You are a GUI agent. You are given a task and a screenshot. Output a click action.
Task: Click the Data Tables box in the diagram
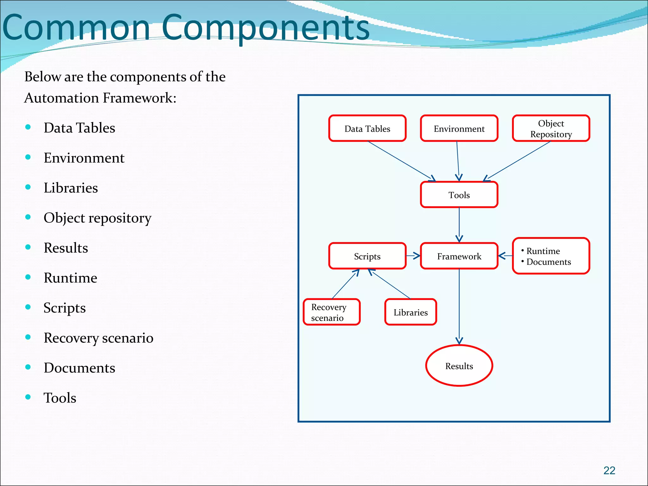[367, 128]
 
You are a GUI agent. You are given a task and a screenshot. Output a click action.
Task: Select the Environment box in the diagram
[459, 128]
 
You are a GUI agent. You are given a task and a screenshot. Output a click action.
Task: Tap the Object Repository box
[551, 128]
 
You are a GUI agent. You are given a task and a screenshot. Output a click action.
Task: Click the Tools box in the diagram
[459, 195]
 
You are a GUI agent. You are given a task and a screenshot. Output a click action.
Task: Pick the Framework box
[459, 256]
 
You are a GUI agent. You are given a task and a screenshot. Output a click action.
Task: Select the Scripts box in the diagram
[367, 256]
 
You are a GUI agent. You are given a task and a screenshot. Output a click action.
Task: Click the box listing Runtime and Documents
[551, 256]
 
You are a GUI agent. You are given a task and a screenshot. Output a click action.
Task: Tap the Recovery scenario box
[331, 312]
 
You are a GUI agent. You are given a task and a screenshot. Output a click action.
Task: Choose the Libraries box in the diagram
[410, 312]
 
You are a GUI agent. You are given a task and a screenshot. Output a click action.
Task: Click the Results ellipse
[459, 366]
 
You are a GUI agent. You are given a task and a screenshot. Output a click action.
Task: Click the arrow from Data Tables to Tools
[401, 161]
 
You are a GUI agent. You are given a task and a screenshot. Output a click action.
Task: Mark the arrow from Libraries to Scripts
[391, 284]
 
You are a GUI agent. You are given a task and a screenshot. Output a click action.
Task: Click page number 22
[609, 470]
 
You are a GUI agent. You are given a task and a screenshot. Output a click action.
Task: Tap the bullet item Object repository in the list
[97, 218]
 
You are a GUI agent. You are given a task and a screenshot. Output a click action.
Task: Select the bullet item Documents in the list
[79, 368]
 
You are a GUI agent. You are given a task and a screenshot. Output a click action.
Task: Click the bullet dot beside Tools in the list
[28, 397]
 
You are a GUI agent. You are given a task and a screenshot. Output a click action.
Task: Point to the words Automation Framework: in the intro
[100, 98]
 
